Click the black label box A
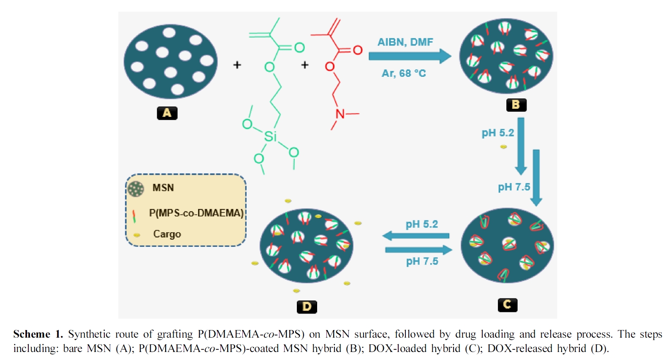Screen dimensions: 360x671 click(x=167, y=113)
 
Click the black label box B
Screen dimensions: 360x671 click(x=516, y=105)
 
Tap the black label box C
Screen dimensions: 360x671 click(x=507, y=305)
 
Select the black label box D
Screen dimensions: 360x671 click(x=307, y=307)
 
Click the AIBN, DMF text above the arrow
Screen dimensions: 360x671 click(x=405, y=42)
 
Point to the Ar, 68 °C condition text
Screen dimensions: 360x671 click(x=404, y=73)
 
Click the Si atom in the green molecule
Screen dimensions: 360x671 click(x=270, y=136)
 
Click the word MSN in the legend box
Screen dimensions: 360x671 click(x=163, y=188)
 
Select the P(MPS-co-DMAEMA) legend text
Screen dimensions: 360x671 click(x=196, y=213)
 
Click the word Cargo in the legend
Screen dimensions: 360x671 click(x=167, y=234)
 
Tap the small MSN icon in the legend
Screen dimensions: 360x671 click(x=136, y=189)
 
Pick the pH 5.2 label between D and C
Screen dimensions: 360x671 click(x=421, y=224)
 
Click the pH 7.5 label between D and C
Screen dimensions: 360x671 click(x=422, y=262)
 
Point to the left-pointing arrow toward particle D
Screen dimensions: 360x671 click(x=416, y=236)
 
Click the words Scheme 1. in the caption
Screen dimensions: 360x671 click(x=38, y=334)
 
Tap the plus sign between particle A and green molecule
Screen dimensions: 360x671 click(x=237, y=65)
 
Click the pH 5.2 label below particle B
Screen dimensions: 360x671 click(x=497, y=133)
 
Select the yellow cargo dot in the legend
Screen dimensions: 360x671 click(x=137, y=235)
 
